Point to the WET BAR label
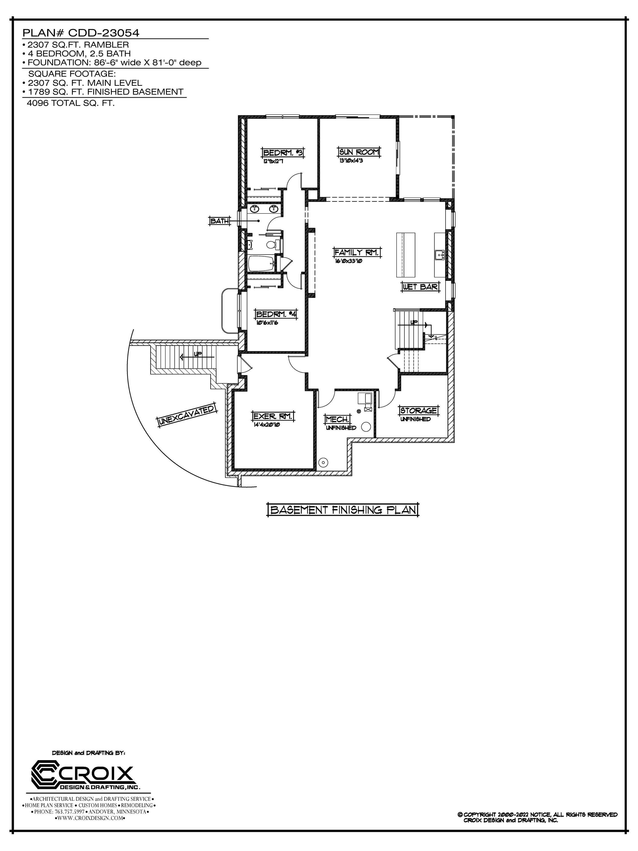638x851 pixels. [x=420, y=287]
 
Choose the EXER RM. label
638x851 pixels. [x=273, y=416]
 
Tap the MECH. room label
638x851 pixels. [x=337, y=419]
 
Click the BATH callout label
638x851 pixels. [x=219, y=221]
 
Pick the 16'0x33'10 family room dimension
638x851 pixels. [x=348, y=261]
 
